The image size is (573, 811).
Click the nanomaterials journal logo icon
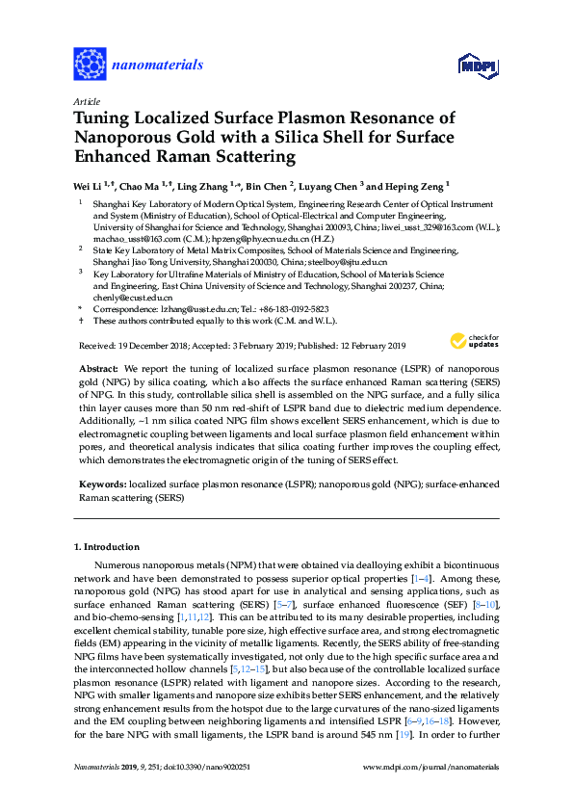pyautogui.click(x=90, y=64)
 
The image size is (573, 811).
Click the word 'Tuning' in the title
pyautogui.click(x=107, y=118)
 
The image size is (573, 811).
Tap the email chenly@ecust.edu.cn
pyautogui.click(x=125, y=298)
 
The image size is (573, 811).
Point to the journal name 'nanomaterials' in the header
pyautogui.click(x=158, y=65)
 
